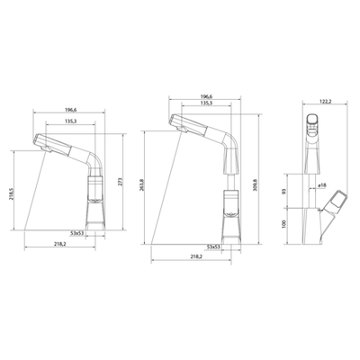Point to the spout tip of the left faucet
[38, 139]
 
